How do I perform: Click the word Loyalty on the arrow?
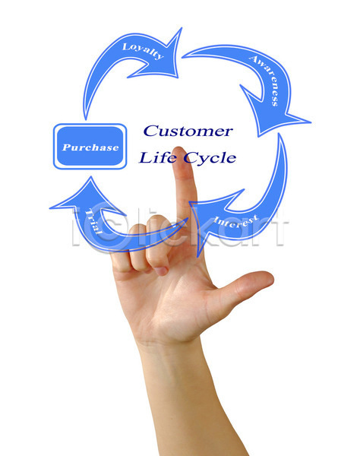point(143,51)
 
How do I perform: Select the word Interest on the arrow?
point(235,221)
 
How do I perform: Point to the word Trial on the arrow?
point(93,222)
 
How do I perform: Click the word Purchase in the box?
point(90,147)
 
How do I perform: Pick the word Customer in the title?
point(188,131)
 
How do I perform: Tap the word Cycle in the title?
point(210,159)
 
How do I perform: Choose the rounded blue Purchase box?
point(90,146)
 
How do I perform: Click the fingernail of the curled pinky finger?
point(161,271)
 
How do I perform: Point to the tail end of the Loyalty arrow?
point(85,115)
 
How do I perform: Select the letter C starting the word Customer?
point(150,131)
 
